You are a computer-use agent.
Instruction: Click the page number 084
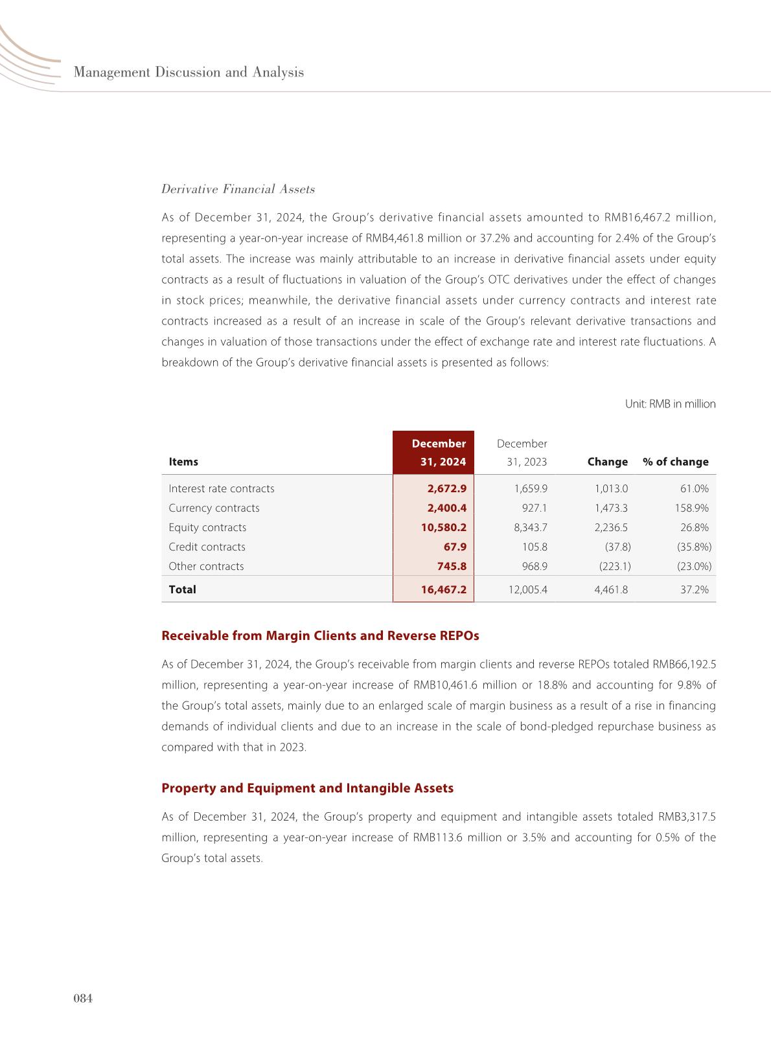pos(84,999)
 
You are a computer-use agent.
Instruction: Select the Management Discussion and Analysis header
pos(189,72)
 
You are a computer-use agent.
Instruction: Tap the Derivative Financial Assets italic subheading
pos(238,189)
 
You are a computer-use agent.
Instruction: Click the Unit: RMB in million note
pos(670,404)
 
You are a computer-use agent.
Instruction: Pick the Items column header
pos(183,462)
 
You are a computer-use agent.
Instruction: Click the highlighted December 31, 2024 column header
pos(433,453)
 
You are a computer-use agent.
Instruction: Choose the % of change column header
pos(675,462)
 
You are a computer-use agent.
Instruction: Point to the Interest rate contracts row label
pos(222,488)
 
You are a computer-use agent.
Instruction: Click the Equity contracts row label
pos(207,527)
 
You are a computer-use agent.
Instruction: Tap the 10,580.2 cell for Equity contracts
pos(443,527)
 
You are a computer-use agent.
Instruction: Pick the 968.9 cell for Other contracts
pos(535,566)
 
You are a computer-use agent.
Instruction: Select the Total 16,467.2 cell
pos(443,589)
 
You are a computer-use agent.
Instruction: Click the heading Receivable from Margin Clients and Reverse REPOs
pos(320,635)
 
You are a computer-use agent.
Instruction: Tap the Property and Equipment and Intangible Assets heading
pos(307,788)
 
